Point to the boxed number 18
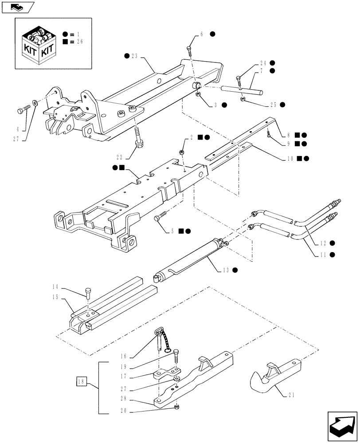coord(81,381)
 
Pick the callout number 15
coord(56,298)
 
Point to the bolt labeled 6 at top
coord(189,51)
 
